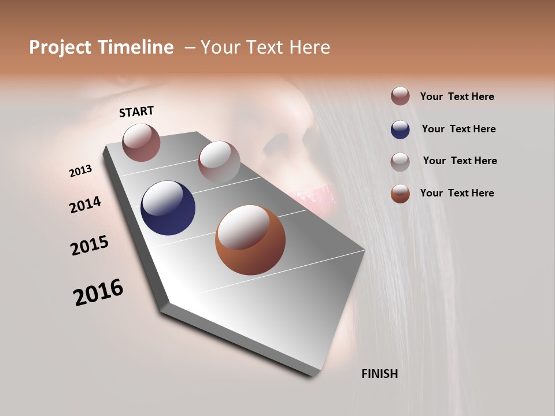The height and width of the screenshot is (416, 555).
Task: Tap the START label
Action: [136, 111]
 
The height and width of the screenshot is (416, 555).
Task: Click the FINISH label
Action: [379, 374]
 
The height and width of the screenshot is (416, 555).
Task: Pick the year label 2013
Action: [80, 170]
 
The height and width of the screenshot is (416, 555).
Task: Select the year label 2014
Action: [85, 205]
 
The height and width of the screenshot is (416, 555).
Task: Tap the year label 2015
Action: [90, 245]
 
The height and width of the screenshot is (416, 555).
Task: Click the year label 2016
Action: [98, 292]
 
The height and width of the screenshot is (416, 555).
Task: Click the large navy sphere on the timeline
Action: [168, 208]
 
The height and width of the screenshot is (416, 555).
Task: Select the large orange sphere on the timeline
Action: [250, 240]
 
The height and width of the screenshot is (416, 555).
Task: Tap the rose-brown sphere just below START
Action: [141, 142]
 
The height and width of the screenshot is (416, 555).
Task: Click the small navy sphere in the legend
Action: [400, 129]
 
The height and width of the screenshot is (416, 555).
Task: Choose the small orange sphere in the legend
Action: [400, 194]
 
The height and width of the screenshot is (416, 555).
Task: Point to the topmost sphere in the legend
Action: [400, 96]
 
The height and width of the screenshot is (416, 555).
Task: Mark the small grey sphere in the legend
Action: [400, 162]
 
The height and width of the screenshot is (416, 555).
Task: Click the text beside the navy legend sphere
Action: [458, 129]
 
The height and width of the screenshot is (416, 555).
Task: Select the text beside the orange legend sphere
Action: [457, 193]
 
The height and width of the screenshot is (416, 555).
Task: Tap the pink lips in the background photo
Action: [315, 196]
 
